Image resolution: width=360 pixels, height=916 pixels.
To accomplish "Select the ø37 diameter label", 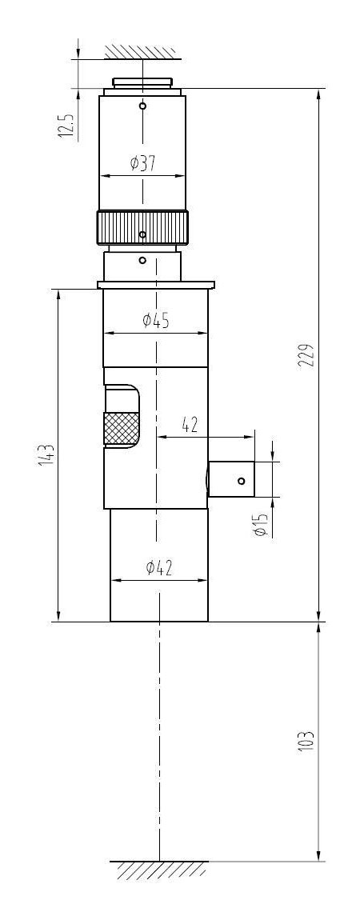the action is [143, 163].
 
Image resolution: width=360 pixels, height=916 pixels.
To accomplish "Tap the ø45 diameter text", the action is [156, 321].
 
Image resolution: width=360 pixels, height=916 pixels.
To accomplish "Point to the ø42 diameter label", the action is [159, 568].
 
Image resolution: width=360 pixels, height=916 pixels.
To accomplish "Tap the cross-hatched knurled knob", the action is [121, 428].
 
